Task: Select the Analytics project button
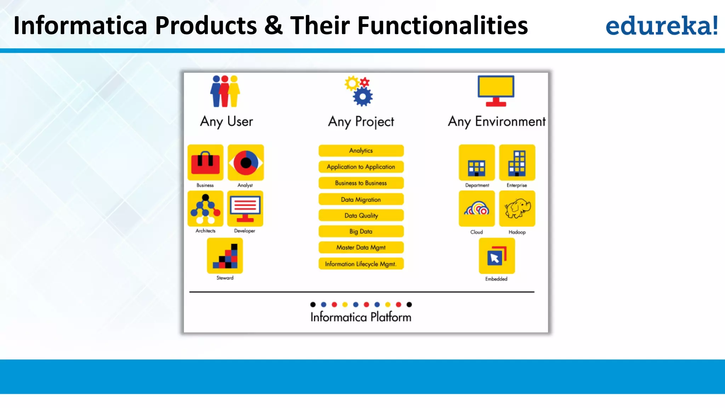pos(361,151)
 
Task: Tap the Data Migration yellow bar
pos(361,199)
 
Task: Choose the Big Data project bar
pos(361,231)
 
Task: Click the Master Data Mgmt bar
pos(361,247)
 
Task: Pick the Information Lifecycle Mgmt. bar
pos(361,264)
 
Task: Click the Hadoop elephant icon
pos(517,209)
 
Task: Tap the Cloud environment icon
pos(476,209)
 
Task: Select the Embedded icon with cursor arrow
pos(496,256)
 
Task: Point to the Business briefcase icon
pos(205,163)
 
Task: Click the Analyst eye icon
pos(246,163)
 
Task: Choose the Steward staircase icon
pos(225,256)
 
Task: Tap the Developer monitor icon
pos(245,209)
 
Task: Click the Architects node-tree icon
pos(205,209)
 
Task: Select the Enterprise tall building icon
pos(517,163)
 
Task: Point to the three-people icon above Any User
pos(225,91)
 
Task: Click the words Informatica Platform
pos(361,317)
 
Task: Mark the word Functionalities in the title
pos(443,25)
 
